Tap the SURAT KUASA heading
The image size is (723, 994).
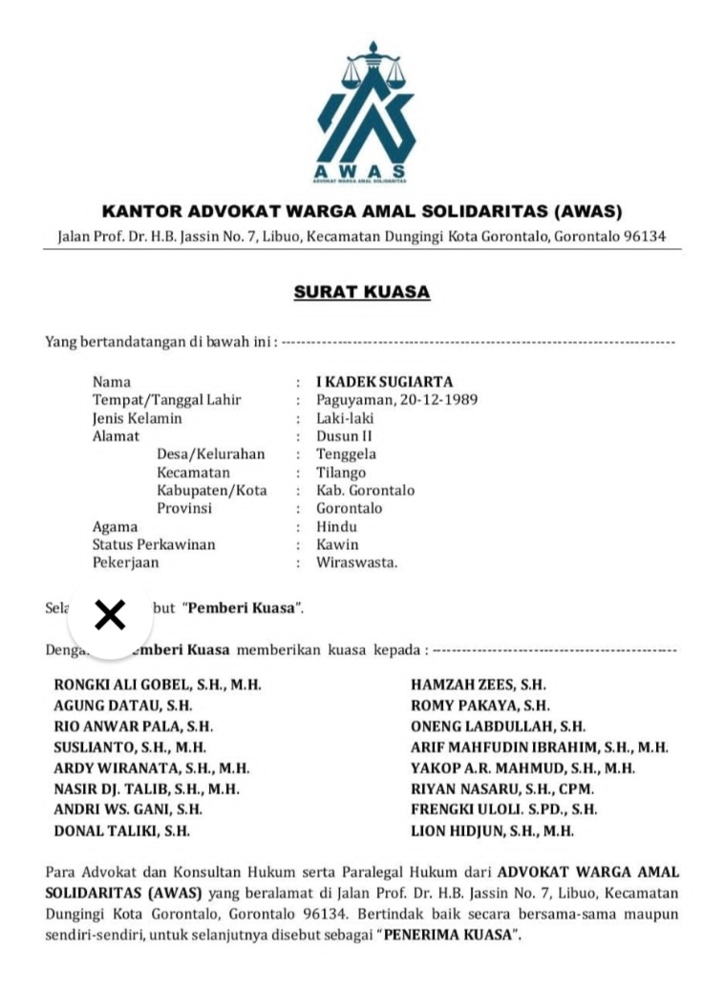click(362, 292)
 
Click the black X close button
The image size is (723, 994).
click(111, 616)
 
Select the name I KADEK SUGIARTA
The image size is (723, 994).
click(385, 382)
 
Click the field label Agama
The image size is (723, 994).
click(115, 526)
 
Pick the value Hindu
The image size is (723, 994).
click(337, 526)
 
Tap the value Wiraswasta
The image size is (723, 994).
click(356, 562)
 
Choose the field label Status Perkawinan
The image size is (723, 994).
click(153, 544)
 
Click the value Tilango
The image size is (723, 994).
click(341, 473)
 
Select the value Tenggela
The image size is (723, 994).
click(346, 455)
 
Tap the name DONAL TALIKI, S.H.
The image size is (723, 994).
click(121, 831)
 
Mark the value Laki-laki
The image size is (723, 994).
click(345, 418)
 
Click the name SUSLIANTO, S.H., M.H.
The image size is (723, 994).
click(130, 748)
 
